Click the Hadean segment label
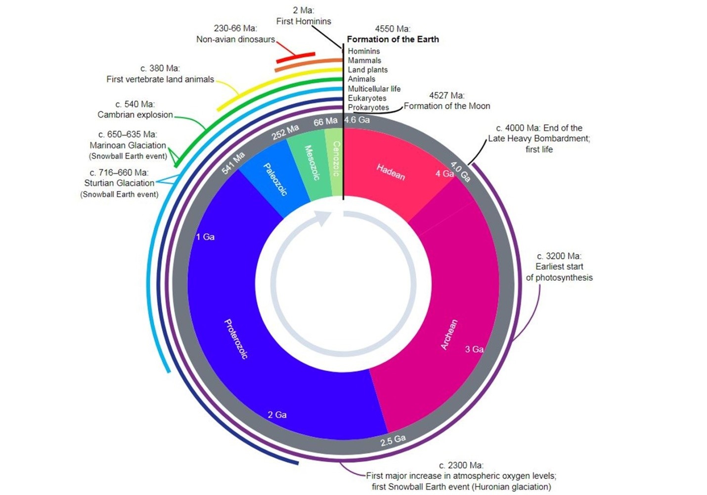pyautogui.click(x=391, y=172)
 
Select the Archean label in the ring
pyautogui.click(x=449, y=335)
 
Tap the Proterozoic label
pyautogui.click(x=236, y=339)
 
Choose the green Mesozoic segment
pyautogui.click(x=310, y=163)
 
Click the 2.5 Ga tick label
pyautogui.click(x=393, y=440)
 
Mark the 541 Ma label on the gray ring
pyautogui.click(x=233, y=163)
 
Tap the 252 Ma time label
pyautogui.click(x=285, y=132)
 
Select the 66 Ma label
pyautogui.click(x=325, y=121)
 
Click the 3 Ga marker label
pyautogui.click(x=474, y=349)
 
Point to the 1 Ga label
pyautogui.click(x=205, y=237)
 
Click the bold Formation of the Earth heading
pyautogui.click(x=393, y=39)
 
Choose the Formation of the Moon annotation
pyautogui.click(x=447, y=106)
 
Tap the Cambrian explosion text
pyautogui.click(x=135, y=115)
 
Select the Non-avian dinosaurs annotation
pyautogui.click(x=235, y=39)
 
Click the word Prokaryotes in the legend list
pyautogui.click(x=368, y=107)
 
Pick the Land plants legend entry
pyautogui.click(x=367, y=70)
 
